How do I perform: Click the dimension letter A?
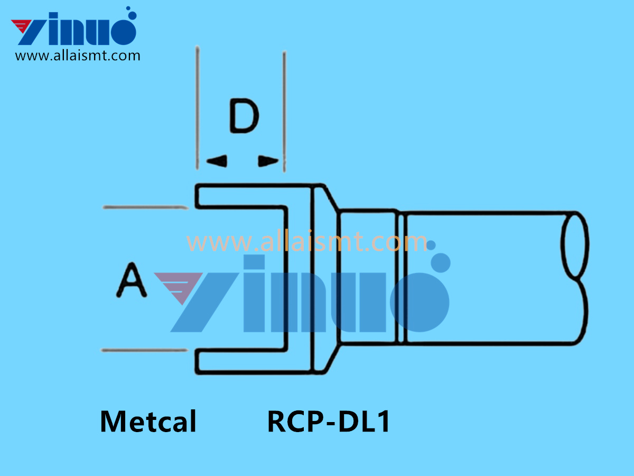[x=131, y=281]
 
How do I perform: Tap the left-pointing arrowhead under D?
[x=217, y=161]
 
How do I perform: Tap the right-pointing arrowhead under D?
[x=268, y=161]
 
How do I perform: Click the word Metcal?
[x=148, y=422]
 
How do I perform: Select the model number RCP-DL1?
[x=329, y=422]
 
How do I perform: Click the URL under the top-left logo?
[x=78, y=56]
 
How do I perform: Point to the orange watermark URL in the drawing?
[x=306, y=242]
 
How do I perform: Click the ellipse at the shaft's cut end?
[x=575, y=245]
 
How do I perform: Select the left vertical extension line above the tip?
[x=197, y=106]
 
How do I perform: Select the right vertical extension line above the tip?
[x=284, y=106]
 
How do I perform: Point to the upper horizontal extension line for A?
[x=145, y=207]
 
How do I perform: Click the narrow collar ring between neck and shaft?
[x=402, y=278]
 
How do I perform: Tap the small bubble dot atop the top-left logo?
[x=128, y=10]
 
